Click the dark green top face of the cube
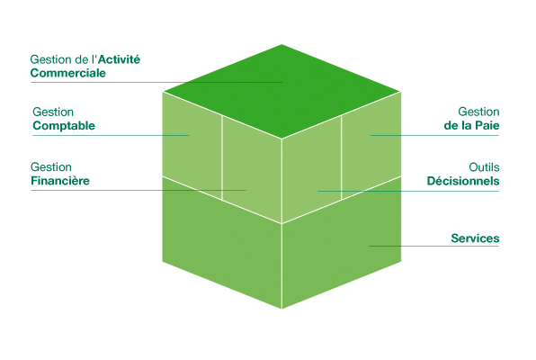click(281, 92)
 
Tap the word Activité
click(119, 59)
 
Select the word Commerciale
click(68, 73)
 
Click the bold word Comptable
click(64, 126)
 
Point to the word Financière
click(60, 180)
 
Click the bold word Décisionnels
click(463, 181)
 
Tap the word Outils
click(484, 167)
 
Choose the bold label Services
click(475, 238)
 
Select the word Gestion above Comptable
click(53, 112)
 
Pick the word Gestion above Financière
click(51, 167)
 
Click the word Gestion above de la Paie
click(478, 112)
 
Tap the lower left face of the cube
click(222, 243)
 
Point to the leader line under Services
click(433, 246)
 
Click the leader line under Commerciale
click(156, 83)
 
